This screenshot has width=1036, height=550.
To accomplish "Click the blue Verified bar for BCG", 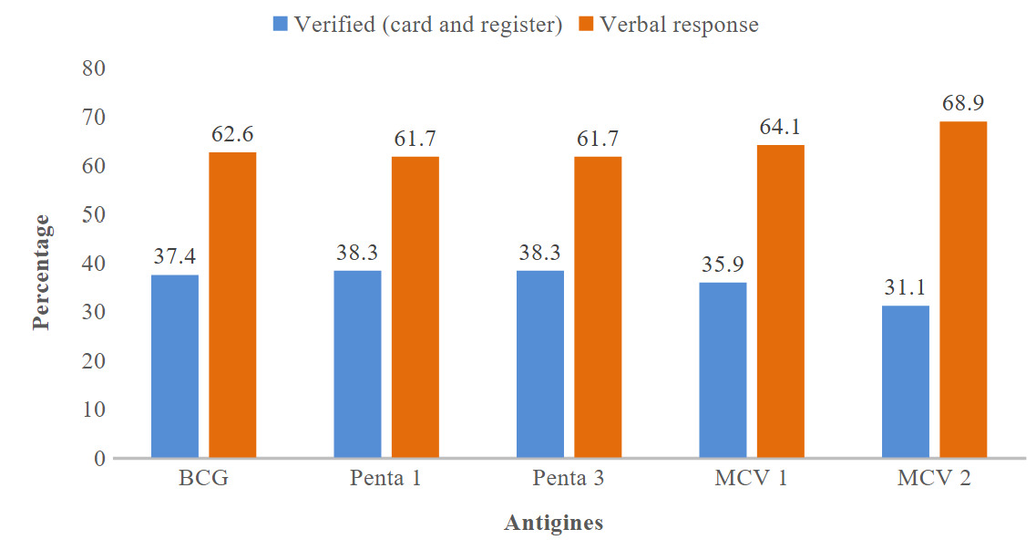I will click(175, 366).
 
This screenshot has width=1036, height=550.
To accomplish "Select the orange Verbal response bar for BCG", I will click(232, 305).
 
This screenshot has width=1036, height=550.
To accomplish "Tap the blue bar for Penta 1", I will click(357, 364).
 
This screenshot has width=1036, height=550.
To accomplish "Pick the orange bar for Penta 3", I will click(598, 307).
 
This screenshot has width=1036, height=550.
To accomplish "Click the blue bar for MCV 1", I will click(723, 369).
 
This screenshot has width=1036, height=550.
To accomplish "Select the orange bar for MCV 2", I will click(963, 289).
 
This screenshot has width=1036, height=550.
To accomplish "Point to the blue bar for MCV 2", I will click(906, 381).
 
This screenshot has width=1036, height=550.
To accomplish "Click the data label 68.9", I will click(963, 101).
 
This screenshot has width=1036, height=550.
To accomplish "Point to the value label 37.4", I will click(175, 256).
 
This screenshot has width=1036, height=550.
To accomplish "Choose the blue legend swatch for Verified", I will click(279, 25).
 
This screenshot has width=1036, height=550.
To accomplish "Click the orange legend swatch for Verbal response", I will click(585, 25).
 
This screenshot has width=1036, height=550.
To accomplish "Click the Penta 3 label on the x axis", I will click(569, 480).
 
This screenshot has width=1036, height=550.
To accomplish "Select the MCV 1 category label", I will click(751, 480).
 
